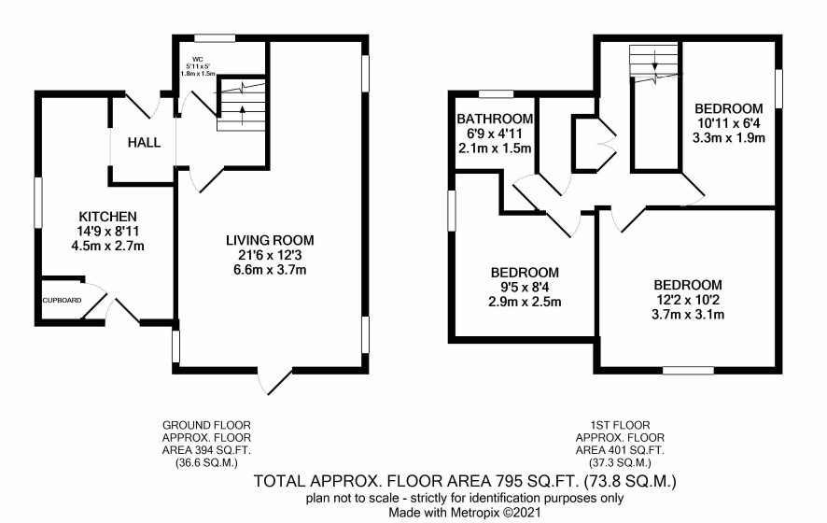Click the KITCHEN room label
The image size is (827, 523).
click(x=107, y=217)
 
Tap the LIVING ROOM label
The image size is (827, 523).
click(x=270, y=241)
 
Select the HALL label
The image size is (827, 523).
click(x=144, y=143)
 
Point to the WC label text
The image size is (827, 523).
click(x=198, y=59)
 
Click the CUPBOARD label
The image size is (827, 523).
click(x=63, y=301)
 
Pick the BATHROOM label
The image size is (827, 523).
click(x=495, y=119)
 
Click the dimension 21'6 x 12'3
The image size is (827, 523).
click(x=270, y=256)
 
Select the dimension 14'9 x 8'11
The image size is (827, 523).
click(x=107, y=232)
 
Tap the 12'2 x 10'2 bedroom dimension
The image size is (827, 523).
click(x=688, y=300)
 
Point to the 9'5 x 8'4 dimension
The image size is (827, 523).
click(x=525, y=288)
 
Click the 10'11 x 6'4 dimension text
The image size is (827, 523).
click(x=729, y=123)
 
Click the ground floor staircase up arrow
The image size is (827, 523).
click(x=243, y=115)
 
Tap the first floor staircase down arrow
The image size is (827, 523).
click(x=654, y=60)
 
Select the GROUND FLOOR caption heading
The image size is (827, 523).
click(x=207, y=425)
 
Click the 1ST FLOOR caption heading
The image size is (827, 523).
click(x=620, y=425)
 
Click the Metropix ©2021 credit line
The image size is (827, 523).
click(x=465, y=512)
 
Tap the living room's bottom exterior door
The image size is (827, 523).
click(x=275, y=382)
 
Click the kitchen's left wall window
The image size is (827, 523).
click(x=38, y=204)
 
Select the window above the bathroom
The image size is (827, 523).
click(x=497, y=94)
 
